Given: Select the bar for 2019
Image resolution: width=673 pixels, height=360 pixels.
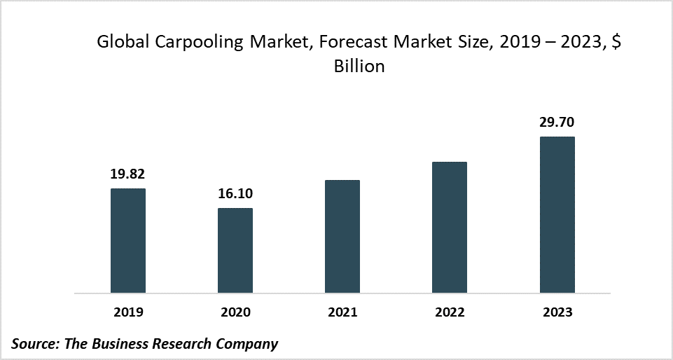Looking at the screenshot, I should [x=128, y=240].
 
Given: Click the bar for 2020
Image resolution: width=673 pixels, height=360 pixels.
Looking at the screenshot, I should [x=235, y=250].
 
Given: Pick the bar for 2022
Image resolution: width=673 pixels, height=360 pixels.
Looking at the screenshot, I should [x=450, y=227].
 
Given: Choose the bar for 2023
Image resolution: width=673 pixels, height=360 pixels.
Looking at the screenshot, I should [x=557, y=214].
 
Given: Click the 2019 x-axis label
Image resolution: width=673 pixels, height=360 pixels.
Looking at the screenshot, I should [x=128, y=312].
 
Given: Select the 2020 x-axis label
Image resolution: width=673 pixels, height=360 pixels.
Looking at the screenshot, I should [x=235, y=312].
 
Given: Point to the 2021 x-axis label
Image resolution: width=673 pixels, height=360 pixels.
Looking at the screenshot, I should [x=342, y=312].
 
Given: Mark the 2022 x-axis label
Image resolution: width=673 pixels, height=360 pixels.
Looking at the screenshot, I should [x=450, y=312].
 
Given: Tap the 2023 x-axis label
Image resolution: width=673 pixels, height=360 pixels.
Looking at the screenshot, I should [x=557, y=312].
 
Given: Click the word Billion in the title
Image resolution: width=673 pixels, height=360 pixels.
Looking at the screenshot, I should [x=359, y=67].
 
